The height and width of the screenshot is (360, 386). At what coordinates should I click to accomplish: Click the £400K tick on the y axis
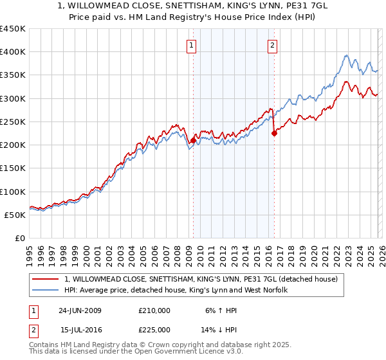click(x=13, y=52)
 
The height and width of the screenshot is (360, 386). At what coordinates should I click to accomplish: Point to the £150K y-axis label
click(x=13, y=168)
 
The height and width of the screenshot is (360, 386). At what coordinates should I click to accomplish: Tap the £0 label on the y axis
click(x=19, y=239)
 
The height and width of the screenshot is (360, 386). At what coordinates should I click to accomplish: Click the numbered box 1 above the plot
click(x=192, y=45)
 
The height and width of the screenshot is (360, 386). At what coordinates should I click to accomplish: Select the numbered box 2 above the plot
click(x=273, y=45)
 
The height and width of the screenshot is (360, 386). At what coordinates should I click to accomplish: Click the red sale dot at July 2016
click(x=274, y=134)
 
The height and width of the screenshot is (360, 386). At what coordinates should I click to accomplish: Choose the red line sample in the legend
click(x=46, y=279)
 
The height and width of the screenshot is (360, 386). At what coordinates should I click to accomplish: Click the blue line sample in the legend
click(x=46, y=291)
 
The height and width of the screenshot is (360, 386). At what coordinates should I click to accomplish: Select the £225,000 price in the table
click(x=154, y=329)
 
